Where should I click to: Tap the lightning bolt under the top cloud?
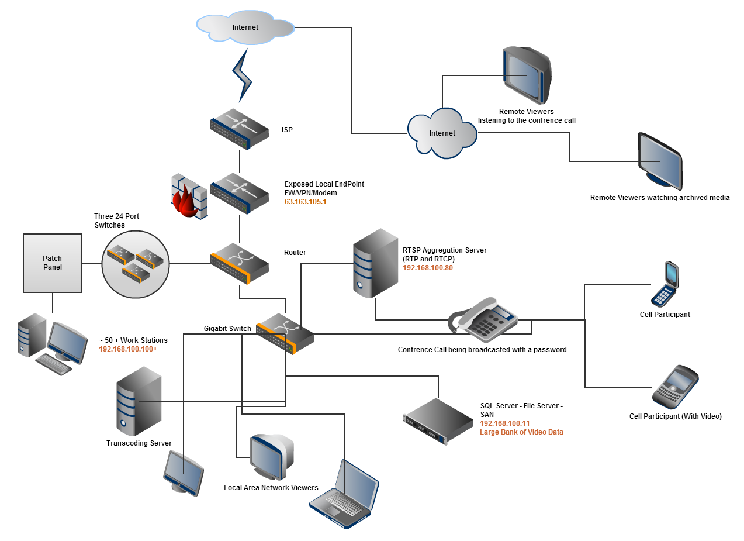point(243,75)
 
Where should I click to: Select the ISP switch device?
point(239,129)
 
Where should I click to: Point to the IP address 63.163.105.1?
point(305,201)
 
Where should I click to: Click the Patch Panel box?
point(53,263)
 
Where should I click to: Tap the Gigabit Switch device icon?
point(285,333)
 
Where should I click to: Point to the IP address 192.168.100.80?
point(428,268)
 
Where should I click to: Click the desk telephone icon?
point(483,320)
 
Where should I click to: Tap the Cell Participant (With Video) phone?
point(675,387)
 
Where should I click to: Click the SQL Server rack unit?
point(438,420)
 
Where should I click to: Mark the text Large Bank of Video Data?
point(521,432)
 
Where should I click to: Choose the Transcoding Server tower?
point(139,401)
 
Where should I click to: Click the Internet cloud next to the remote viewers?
point(442,134)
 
